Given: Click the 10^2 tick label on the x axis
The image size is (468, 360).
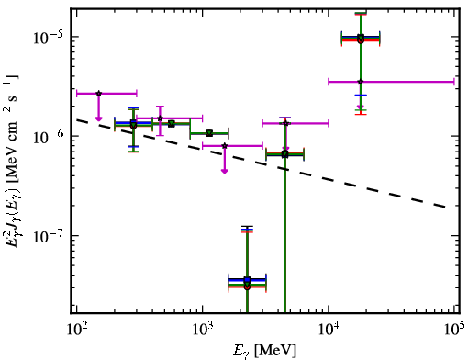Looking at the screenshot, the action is click(x=76, y=330).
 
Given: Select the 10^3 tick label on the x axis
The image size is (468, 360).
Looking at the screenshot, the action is click(x=203, y=330).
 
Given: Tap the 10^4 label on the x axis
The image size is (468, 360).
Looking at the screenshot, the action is click(x=329, y=330).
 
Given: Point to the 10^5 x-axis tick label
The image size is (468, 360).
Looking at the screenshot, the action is click(x=455, y=330).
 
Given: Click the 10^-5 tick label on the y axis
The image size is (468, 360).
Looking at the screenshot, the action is click(x=48, y=38).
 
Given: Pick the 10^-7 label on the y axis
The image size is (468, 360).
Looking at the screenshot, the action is click(x=48, y=236).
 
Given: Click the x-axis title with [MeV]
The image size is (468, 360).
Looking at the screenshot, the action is click(x=264, y=351).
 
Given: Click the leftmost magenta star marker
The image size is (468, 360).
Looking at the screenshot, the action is click(x=98, y=94).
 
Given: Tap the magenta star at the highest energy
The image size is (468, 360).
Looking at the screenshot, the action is click(x=361, y=82).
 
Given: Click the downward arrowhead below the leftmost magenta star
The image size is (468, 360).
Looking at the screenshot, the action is click(x=98, y=118).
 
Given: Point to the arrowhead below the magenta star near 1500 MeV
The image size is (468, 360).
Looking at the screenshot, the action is click(x=225, y=171).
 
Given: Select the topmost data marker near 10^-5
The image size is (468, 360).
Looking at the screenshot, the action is click(x=361, y=38).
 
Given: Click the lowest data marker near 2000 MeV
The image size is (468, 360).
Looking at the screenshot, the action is click(x=247, y=287).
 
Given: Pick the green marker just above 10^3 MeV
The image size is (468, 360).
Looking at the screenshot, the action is click(x=209, y=133).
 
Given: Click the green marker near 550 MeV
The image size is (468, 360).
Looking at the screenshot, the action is click(x=172, y=124).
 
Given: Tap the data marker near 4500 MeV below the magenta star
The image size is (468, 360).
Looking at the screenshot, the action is click(x=284, y=154).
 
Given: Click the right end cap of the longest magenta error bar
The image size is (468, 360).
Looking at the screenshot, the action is click(x=454, y=82).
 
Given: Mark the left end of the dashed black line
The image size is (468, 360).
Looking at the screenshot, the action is click(x=77, y=119).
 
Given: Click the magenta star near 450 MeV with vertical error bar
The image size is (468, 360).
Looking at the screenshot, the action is click(x=160, y=118).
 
